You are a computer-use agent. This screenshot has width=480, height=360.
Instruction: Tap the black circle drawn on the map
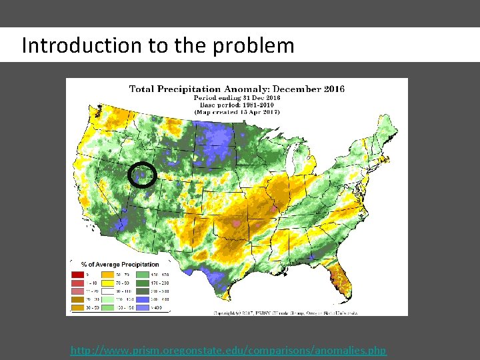142,175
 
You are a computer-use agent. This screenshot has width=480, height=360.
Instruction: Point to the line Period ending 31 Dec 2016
237,97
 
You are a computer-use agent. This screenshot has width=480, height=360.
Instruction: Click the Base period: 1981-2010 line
237,105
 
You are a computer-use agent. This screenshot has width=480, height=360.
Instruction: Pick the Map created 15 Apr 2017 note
237,112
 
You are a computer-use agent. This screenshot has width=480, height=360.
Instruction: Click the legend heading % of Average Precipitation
120,265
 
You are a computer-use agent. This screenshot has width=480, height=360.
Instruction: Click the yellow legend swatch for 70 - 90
107,283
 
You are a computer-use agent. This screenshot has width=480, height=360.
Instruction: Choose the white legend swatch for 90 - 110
107,291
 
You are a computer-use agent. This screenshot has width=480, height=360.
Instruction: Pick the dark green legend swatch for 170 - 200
142,283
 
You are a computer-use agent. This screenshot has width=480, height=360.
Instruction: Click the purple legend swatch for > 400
142,309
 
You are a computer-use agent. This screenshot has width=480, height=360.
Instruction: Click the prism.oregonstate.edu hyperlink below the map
228,350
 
